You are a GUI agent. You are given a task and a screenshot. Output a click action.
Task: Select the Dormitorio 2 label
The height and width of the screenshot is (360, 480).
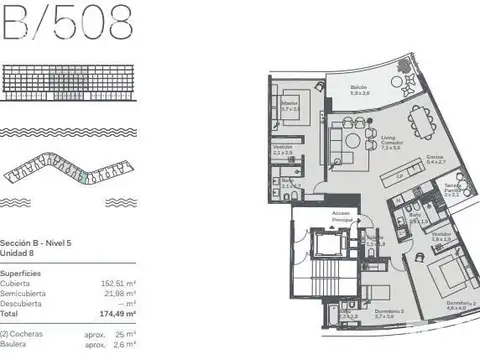point(455,305)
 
